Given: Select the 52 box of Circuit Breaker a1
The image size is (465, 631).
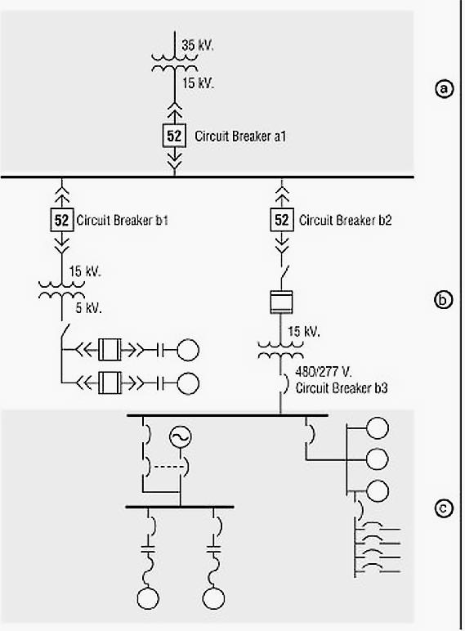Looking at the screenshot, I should point(174,136).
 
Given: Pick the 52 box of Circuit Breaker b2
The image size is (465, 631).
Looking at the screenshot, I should point(281,220).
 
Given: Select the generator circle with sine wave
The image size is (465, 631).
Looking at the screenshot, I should point(180,438).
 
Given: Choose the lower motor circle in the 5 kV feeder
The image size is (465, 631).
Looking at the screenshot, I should point(187,382).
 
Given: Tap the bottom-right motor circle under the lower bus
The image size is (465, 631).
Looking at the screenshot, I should point(215,598).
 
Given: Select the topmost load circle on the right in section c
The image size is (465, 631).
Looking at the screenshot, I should point(378,427).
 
